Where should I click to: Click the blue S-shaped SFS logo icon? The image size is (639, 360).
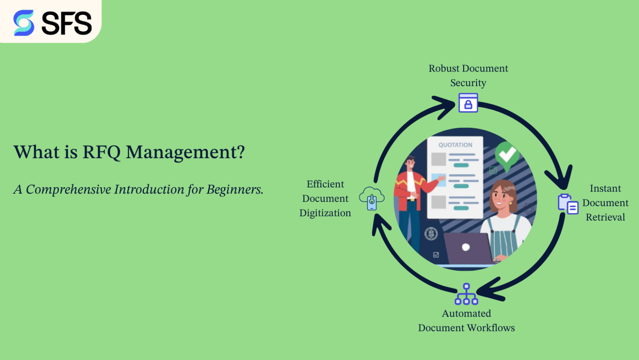point(24,23)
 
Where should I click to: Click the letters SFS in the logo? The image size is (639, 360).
point(67,24)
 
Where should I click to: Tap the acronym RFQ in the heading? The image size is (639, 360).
point(101,153)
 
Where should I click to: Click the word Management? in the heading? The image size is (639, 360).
point(185,153)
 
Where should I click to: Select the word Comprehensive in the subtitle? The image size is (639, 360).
point(68,189)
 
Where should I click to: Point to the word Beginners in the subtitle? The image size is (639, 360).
point(234,189)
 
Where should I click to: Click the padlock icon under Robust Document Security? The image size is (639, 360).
point(468,103)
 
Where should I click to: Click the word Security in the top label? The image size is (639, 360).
point(468,83)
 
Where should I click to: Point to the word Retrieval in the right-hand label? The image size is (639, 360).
point(605,217)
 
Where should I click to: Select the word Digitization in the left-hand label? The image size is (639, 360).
point(325,213)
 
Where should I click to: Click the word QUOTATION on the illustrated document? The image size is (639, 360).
point(455,145)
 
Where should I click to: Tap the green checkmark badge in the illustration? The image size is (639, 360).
point(507,154)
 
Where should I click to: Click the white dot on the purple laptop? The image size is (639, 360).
point(466,247)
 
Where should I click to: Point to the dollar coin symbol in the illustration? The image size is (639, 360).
point(431,234)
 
